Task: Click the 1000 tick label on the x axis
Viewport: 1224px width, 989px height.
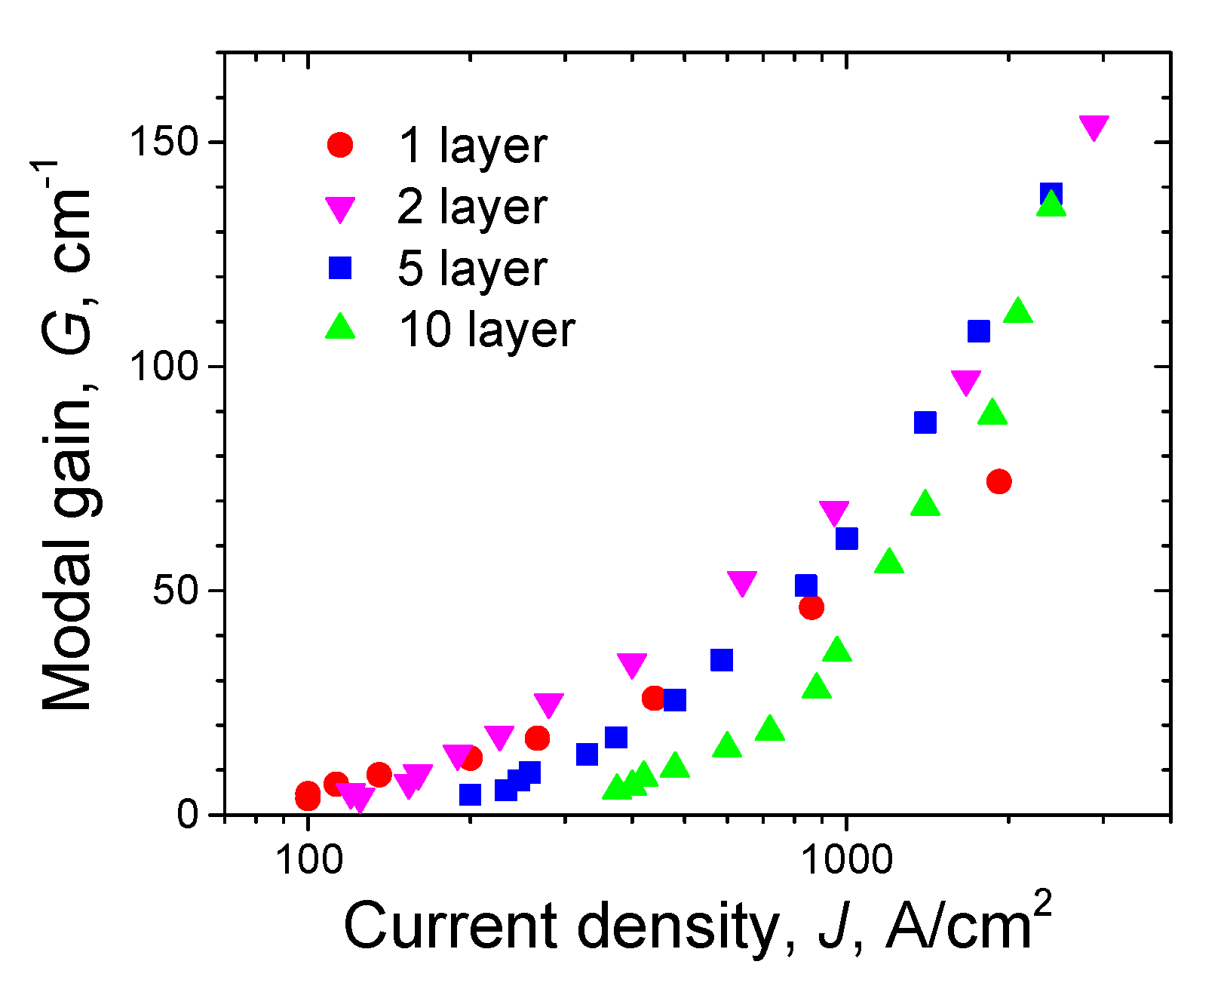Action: [845, 859]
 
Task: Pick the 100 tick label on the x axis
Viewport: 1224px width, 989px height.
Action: [307, 859]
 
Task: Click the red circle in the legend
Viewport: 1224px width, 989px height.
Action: [340, 144]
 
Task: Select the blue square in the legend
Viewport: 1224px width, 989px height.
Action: [340, 268]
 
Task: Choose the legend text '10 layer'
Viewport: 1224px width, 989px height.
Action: [486, 330]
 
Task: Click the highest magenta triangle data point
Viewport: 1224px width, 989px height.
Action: [1094, 127]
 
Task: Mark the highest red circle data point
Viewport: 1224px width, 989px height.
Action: [999, 481]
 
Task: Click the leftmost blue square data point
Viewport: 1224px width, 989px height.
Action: [470, 794]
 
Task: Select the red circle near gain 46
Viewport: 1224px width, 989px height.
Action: [811, 607]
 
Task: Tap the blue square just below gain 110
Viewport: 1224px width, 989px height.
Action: [978, 331]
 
